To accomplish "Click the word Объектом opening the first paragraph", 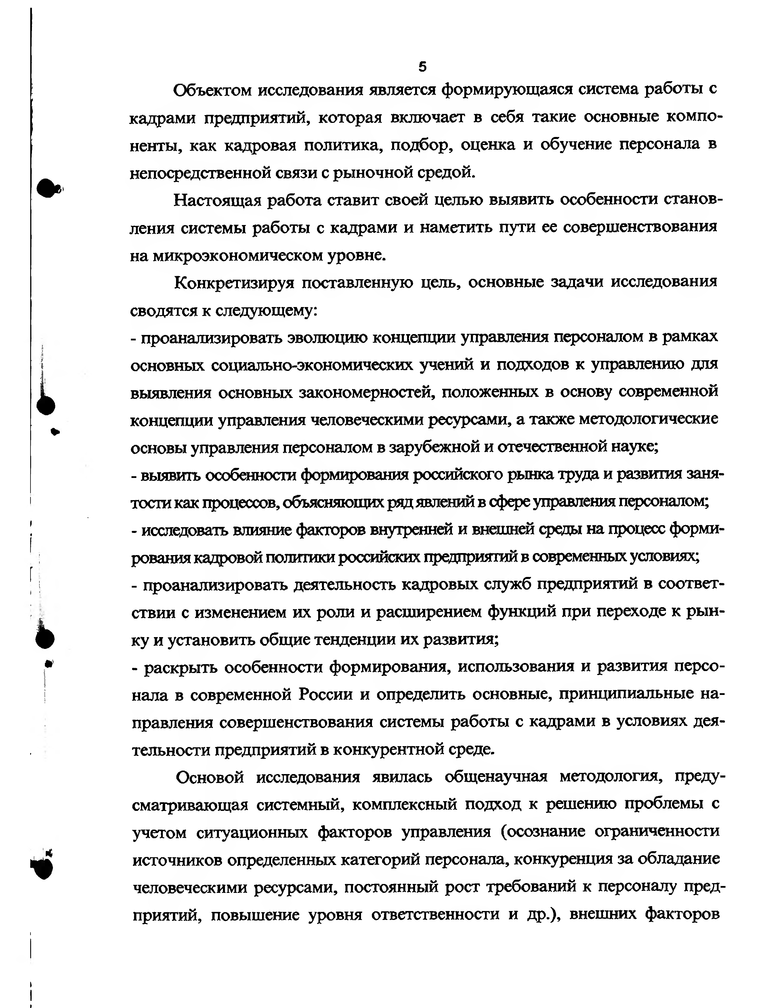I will point(212,90).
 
